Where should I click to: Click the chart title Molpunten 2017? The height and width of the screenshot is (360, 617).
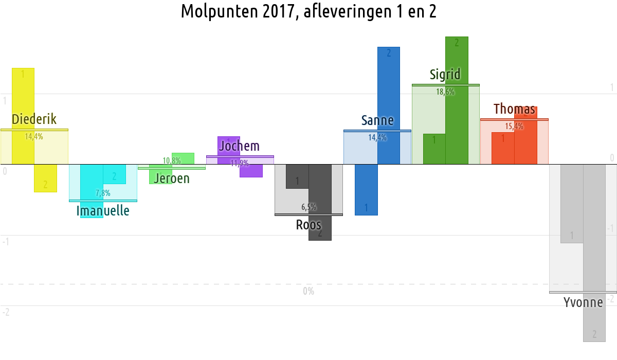point(308,11)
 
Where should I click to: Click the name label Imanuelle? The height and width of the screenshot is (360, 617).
point(103,210)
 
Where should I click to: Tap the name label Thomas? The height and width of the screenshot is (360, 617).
point(514,109)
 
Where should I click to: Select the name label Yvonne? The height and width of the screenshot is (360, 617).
point(583,302)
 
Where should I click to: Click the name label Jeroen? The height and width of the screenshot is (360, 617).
point(172,178)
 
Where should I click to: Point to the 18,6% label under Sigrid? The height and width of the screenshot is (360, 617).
point(445,92)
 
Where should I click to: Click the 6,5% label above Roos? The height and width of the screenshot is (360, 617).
point(308,207)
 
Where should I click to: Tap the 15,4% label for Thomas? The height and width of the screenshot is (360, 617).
point(514,126)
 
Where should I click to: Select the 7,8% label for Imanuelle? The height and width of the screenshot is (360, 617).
point(103,193)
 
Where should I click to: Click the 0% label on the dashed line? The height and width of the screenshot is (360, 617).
point(308,292)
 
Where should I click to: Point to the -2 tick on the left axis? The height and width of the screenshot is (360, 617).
point(6,312)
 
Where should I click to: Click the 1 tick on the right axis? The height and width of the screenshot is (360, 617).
point(612,88)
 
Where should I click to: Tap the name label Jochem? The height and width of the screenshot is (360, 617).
point(240,146)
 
